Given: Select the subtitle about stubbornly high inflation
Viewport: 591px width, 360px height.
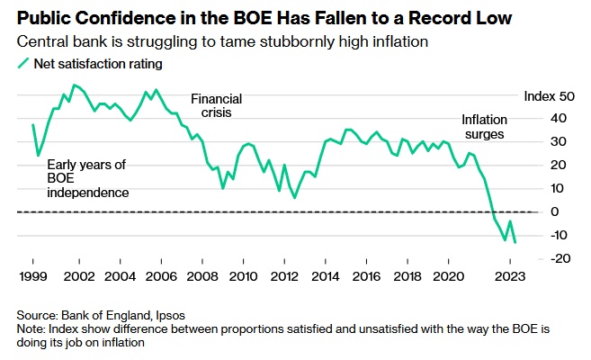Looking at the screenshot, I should pyautogui.click(x=226, y=41).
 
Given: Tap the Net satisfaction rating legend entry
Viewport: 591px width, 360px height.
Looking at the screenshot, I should pyautogui.click(x=90, y=63).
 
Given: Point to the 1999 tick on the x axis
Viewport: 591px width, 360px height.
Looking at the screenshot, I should pyautogui.click(x=32, y=275).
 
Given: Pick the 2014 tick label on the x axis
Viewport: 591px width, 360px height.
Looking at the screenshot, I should pyautogui.click(x=327, y=275).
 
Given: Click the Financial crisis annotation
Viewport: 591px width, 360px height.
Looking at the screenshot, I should pyautogui.click(x=215, y=106).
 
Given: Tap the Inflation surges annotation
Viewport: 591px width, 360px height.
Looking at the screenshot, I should pyautogui.click(x=484, y=126).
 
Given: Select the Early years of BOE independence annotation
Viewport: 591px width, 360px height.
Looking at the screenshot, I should pyautogui.click(x=75, y=178).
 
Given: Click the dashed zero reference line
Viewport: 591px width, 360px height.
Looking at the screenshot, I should pyautogui.click(x=270, y=211).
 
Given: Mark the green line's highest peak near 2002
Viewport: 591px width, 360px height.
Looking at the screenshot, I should pyautogui.click(x=74, y=85).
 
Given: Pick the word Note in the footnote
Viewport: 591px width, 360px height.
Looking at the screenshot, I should pyautogui.click(x=31, y=329).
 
